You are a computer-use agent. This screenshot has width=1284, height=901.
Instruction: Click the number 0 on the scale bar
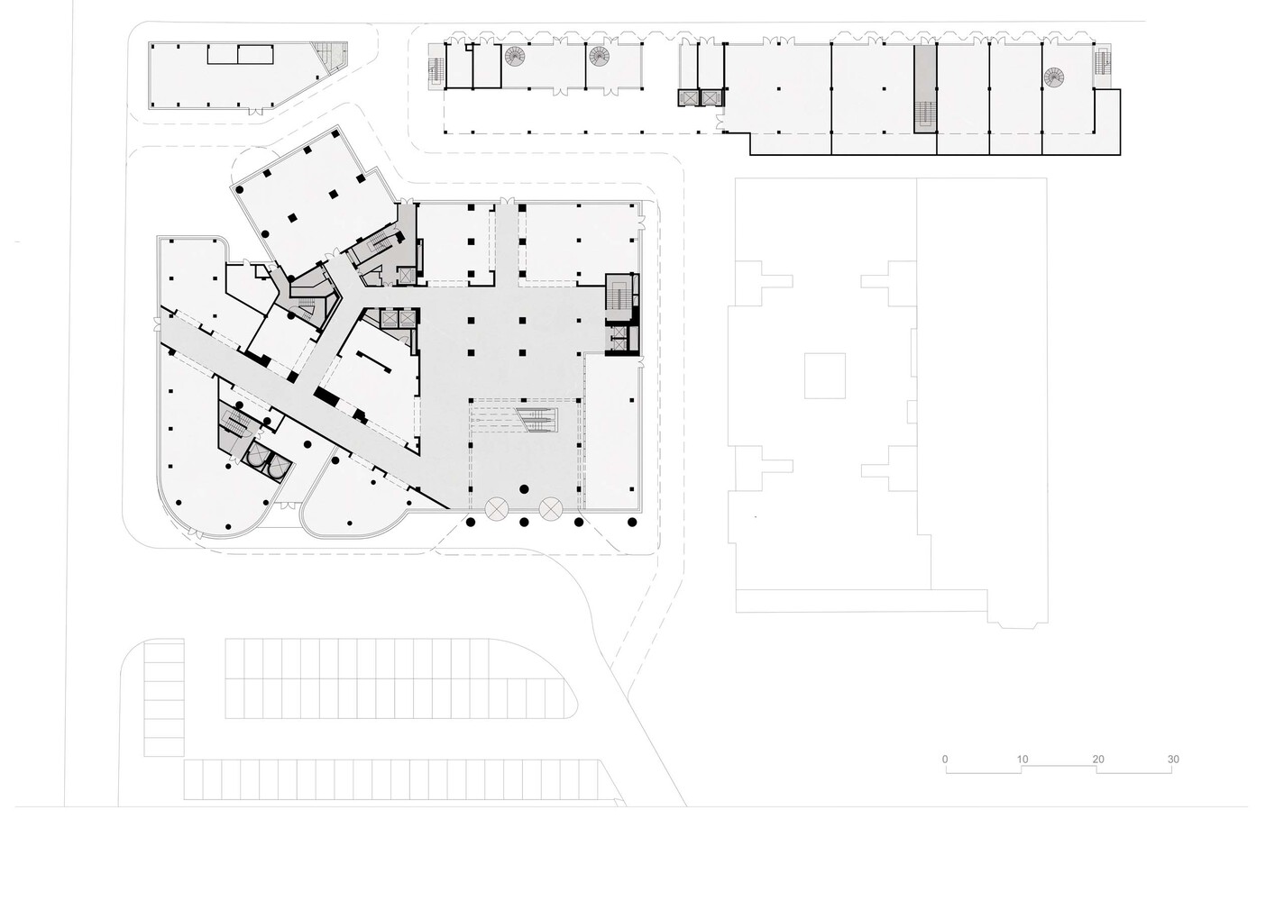[x=945, y=760]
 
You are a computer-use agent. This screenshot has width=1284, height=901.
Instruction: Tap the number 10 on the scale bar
[x=1022, y=760]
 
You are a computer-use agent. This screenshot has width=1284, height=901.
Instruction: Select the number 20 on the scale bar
[x=1098, y=760]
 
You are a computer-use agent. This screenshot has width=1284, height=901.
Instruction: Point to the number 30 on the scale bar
[x=1173, y=760]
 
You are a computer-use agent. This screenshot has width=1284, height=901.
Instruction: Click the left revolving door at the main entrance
[x=497, y=509]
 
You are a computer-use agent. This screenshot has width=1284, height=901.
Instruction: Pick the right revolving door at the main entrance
[x=550, y=509]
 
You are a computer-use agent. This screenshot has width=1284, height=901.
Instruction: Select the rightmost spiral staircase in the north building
[x=1055, y=78]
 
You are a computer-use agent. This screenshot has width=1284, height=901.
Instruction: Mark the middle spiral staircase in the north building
[x=600, y=58]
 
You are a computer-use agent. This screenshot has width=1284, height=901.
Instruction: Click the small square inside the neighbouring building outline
[x=824, y=376]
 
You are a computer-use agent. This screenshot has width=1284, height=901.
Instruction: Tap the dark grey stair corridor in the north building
[x=924, y=90]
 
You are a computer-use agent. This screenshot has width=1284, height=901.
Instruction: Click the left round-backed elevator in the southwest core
[x=254, y=458]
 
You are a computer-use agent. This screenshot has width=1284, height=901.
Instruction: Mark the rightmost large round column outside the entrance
[x=631, y=522]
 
